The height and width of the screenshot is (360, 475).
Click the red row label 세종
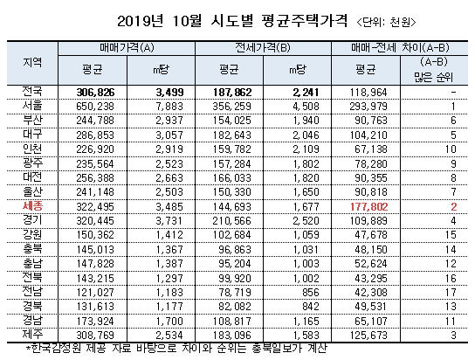32,206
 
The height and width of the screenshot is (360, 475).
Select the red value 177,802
369,207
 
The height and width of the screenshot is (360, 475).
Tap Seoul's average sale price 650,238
95,107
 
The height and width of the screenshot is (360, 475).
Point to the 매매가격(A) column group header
127,48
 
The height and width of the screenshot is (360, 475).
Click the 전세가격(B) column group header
263,48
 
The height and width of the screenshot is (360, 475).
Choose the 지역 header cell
32,62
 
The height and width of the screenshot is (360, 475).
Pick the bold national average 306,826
95,92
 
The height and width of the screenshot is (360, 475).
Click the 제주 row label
32,334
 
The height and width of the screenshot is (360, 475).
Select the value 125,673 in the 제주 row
368,336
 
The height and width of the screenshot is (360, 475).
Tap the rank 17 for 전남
451,293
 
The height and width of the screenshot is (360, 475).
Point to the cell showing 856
311,293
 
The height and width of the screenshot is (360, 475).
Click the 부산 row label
32,120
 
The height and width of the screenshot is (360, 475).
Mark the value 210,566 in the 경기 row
231,221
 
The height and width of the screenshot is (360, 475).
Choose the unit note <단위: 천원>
386,22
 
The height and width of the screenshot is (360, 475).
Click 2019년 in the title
140,21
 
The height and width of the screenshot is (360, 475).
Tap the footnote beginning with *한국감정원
177,348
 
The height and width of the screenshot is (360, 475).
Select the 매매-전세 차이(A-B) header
400,48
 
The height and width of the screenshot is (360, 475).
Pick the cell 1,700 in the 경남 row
169,321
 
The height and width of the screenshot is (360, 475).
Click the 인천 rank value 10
451,149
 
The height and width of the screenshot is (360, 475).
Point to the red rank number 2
453,207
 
